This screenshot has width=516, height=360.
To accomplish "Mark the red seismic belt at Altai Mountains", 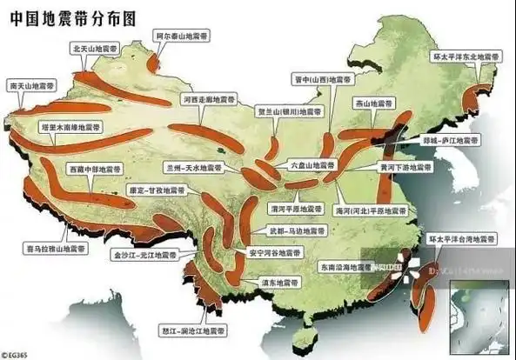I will tap(155, 62).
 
